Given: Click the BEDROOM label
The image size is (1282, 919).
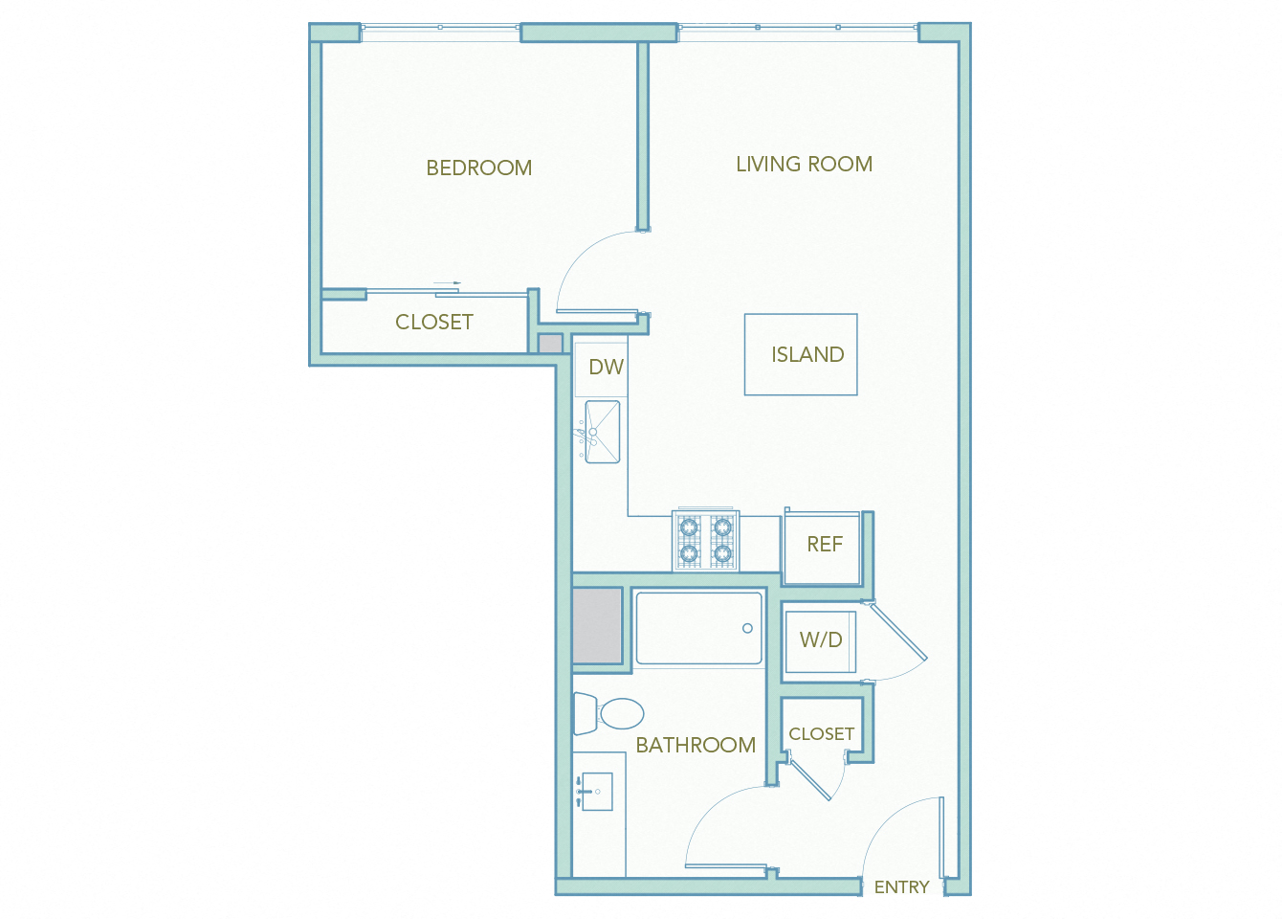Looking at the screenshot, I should [478, 168].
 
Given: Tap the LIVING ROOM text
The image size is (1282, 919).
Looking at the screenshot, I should [804, 164].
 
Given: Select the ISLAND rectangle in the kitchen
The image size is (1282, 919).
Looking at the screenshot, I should [801, 354].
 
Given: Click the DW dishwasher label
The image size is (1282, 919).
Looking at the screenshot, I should [606, 367].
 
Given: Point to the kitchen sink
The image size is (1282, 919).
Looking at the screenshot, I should [603, 432].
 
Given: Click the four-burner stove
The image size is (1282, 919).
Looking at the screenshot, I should [705, 541].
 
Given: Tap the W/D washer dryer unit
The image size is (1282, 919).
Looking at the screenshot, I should [820, 640].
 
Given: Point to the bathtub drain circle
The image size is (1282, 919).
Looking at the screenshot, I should [747, 628].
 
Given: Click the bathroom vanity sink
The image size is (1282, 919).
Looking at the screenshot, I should [595, 792].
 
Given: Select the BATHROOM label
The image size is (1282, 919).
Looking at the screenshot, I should [696, 745].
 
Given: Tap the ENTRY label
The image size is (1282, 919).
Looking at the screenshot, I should [901, 887].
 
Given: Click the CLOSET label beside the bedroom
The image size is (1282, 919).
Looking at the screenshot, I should [434, 322].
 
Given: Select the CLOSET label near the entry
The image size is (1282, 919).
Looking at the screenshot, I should [821, 733].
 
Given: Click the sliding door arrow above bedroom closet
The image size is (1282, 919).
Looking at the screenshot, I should [447, 283].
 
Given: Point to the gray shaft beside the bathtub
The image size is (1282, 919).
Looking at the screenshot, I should [597, 625].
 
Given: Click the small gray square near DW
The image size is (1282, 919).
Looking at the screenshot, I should [550, 344].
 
